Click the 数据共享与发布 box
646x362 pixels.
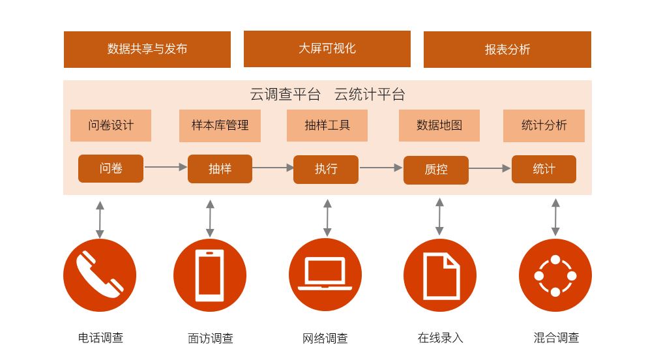(x=147, y=50)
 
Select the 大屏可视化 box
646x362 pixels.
(x=327, y=49)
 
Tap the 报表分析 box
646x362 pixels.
(x=507, y=50)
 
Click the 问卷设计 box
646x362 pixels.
(x=111, y=125)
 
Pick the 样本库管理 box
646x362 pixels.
(x=220, y=126)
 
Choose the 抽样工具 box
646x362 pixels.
(x=327, y=125)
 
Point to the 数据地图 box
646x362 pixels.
(x=439, y=125)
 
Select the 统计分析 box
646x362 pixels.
(x=544, y=126)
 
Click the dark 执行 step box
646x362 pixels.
(x=326, y=170)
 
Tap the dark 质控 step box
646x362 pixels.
(x=436, y=170)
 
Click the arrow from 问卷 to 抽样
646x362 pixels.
(x=166, y=167)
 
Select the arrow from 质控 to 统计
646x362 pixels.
(x=490, y=168)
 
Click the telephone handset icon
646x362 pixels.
(x=100, y=275)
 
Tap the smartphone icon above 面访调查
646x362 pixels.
(x=210, y=275)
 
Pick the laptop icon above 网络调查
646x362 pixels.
(x=325, y=275)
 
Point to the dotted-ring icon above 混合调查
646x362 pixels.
(x=555, y=275)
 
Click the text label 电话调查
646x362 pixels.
(x=101, y=338)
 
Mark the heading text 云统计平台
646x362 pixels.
(x=370, y=95)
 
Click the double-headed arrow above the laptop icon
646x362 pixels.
(x=327, y=218)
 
